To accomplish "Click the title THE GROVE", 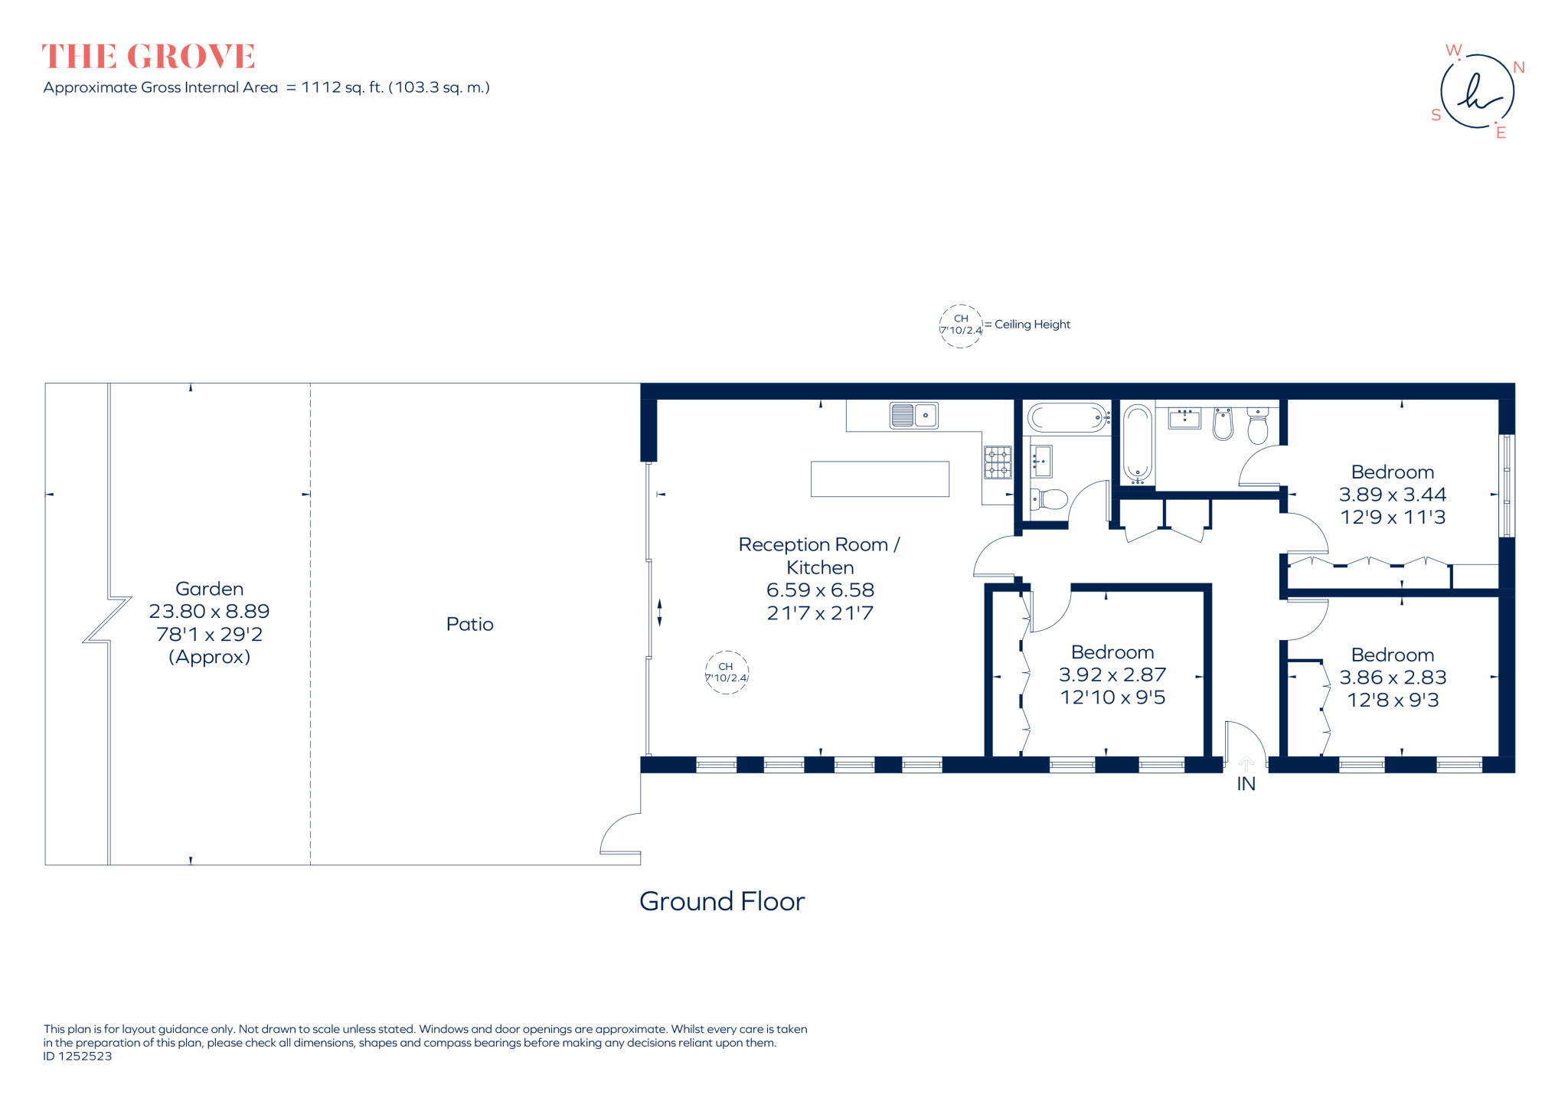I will point(148,57).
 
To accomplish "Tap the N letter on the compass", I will point(1519,67).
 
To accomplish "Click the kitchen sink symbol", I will point(913,416).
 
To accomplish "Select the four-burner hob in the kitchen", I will point(998,462).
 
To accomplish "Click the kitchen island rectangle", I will point(880,479).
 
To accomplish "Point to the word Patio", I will point(469,624).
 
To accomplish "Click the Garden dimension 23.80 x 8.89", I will point(209,611).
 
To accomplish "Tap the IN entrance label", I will point(1246,784).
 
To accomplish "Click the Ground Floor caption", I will point(721,901).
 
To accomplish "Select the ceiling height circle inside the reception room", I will point(726,672).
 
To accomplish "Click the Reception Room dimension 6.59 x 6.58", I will point(820,590).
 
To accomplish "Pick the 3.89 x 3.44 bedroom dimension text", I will point(1392,495).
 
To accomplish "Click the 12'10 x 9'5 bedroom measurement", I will point(1112,697).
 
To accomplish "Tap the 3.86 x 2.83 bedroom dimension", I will point(1392,678).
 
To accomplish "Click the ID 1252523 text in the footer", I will point(77,1057).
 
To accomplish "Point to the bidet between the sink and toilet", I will point(1223,423).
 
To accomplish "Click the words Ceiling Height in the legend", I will point(1031,325).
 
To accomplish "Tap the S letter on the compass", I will point(1436,115).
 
